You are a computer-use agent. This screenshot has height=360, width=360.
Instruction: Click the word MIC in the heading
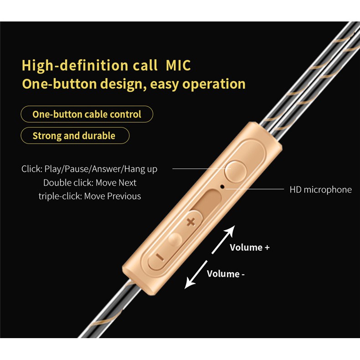[x=178, y=65]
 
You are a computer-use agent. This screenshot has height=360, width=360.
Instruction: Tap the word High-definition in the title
[x=75, y=65]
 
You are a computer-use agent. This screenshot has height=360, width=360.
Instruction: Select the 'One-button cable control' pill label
[x=87, y=114]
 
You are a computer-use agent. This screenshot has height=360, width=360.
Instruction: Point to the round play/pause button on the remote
[x=236, y=172]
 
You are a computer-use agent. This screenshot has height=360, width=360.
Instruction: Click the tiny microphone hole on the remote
[x=222, y=186]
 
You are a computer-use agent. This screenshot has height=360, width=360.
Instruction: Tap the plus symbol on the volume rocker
[x=190, y=222]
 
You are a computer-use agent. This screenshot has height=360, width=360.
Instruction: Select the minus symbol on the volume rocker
[x=160, y=257]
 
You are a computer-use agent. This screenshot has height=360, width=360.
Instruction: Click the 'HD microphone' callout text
[x=320, y=190]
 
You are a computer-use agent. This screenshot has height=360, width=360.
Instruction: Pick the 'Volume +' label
[x=250, y=247]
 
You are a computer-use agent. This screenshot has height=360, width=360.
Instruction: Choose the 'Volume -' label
[x=226, y=274]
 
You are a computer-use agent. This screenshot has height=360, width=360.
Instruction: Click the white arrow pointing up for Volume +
[x=223, y=239]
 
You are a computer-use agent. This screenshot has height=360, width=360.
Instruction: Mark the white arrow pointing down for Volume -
[x=196, y=274]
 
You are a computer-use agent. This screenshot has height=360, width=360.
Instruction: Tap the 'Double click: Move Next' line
[x=90, y=183]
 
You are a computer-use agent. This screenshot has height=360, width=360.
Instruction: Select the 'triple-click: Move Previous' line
[x=90, y=196]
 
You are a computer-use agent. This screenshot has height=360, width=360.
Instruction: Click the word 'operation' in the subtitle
[x=214, y=84]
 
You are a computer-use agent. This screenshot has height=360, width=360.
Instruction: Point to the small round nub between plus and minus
[x=175, y=239]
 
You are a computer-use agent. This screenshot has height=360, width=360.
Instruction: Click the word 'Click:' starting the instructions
[x=32, y=169]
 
